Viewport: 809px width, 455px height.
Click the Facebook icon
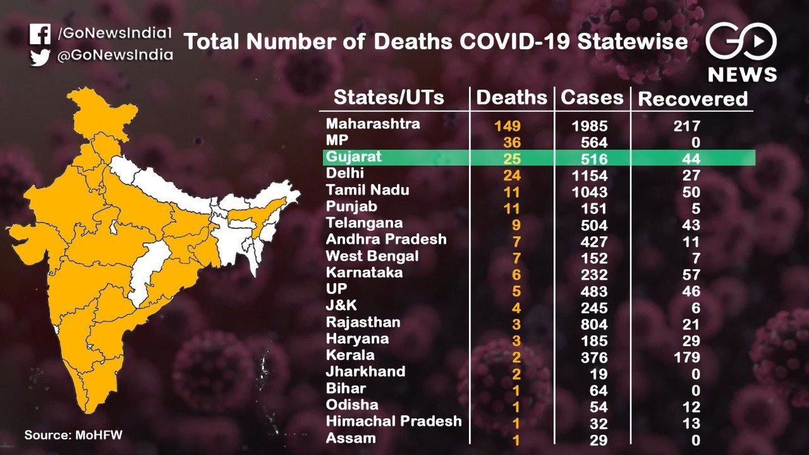click(40, 34)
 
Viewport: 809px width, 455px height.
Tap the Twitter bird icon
click(40, 58)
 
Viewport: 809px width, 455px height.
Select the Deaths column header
click(511, 97)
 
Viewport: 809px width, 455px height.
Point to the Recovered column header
click(692, 99)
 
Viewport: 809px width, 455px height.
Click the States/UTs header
click(389, 97)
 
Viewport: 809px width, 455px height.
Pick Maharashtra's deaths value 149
click(508, 126)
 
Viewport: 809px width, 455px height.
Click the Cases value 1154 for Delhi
click(590, 176)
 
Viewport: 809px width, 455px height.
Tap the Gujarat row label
click(353, 157)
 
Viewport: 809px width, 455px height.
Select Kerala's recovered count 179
click(687, 357)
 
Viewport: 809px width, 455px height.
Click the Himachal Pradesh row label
click(394, 421)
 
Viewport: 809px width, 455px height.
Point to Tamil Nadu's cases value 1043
click(590, 192)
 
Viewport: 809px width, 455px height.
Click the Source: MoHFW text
click(73, 435)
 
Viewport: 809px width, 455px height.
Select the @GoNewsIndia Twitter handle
click(115, 55)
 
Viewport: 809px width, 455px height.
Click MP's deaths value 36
click(512, 142)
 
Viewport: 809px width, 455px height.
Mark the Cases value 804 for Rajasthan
click(594, 324)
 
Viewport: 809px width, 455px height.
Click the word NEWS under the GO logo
click(743, 75)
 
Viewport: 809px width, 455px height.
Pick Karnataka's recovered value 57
click(691, 275)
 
